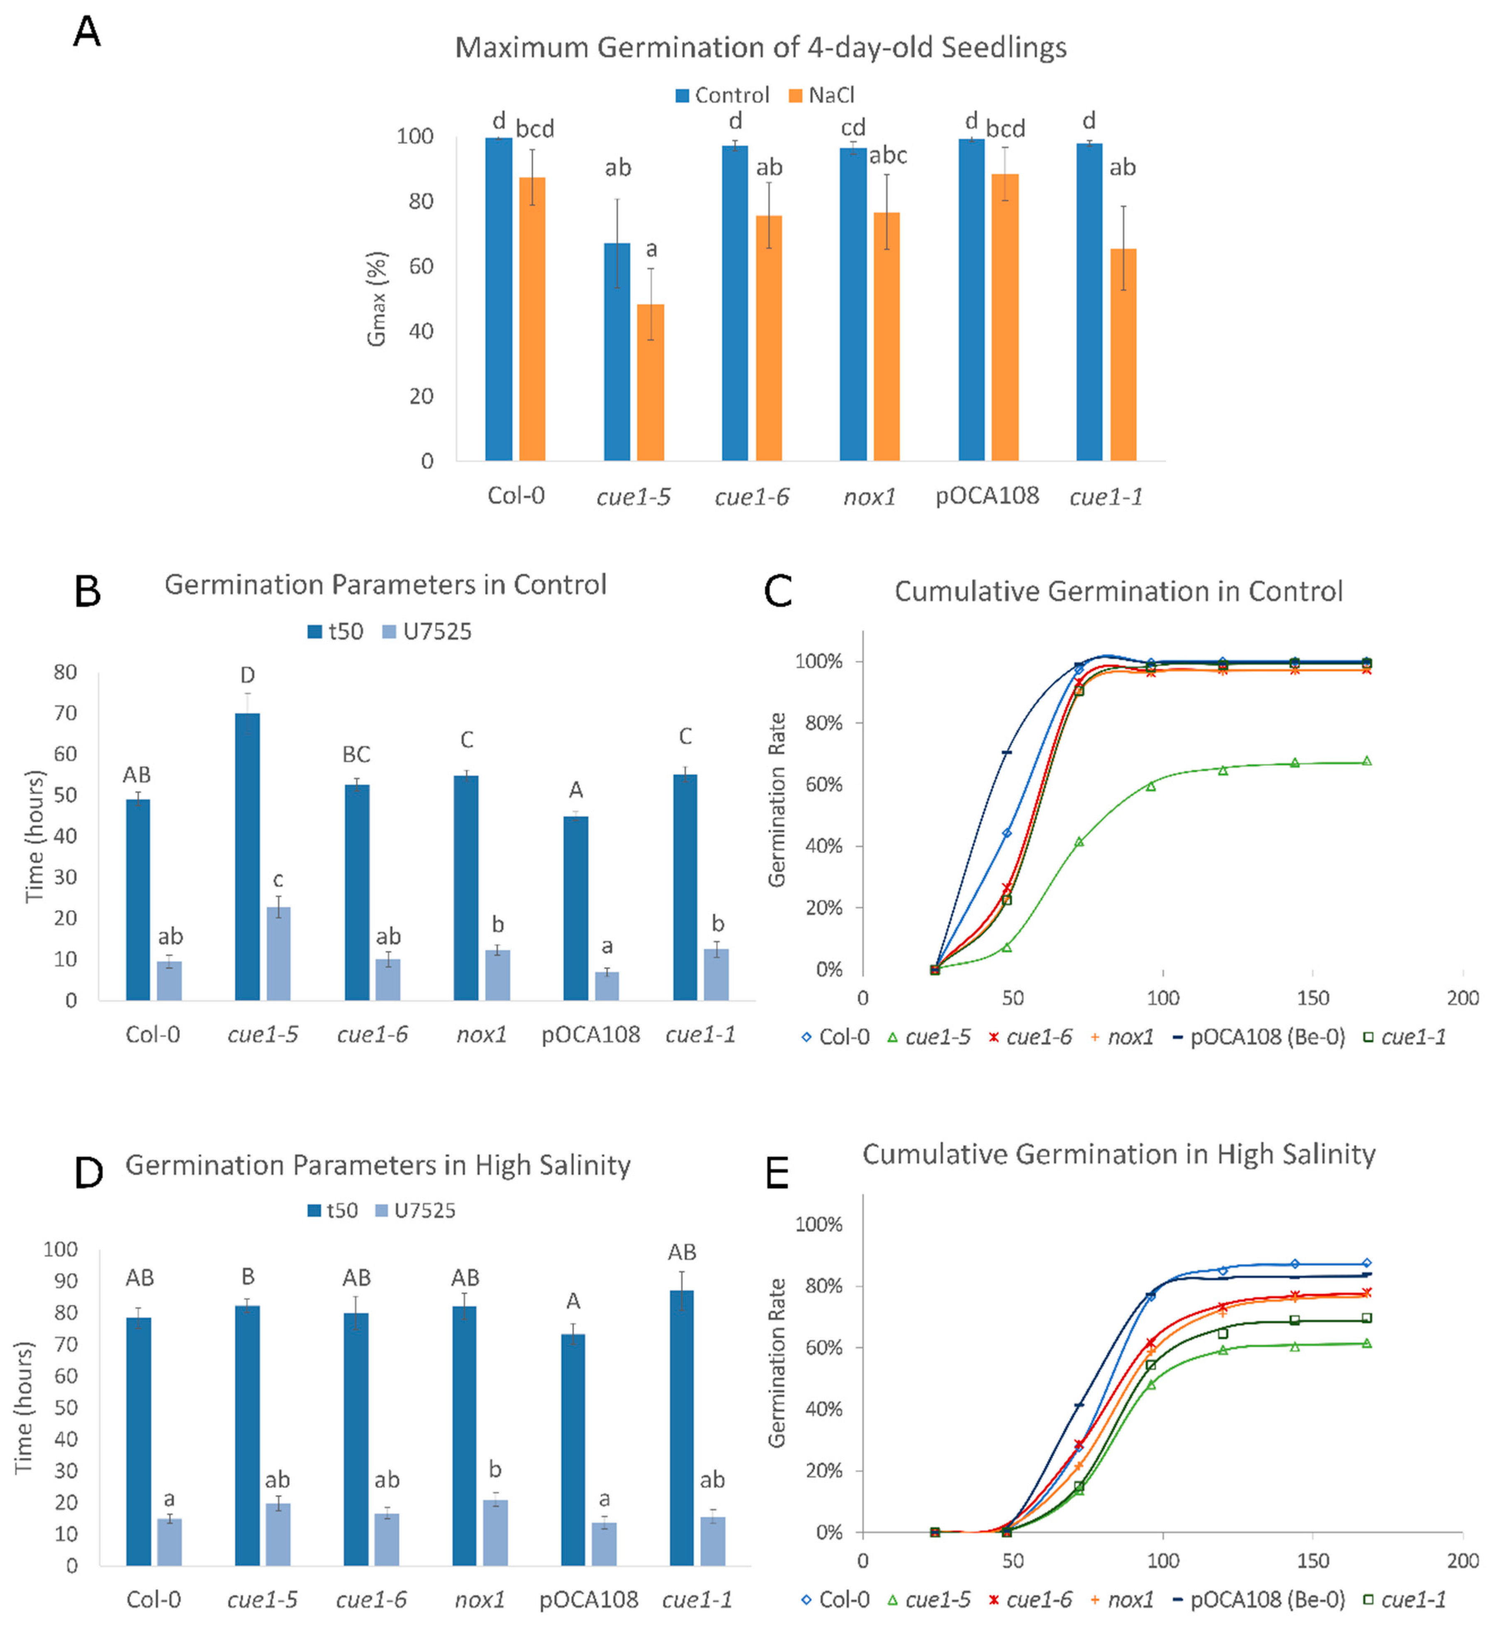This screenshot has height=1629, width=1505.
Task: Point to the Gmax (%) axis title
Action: pyautogui.click(x=376, y=299)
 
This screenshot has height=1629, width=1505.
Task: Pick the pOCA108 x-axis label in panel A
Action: pyautogui.click(x=987, y=495)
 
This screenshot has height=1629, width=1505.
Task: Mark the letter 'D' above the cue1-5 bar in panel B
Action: pyautogui.click(x=248, y=675)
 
